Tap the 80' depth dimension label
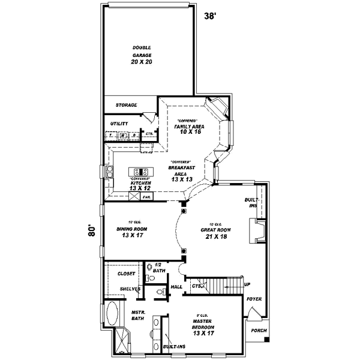click(92, 232)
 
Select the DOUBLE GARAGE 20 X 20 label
click(142, 55)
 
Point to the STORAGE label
click(127, 105)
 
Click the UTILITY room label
click(119, 124)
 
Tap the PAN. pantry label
click(147, 196)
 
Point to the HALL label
click(176, 287)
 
